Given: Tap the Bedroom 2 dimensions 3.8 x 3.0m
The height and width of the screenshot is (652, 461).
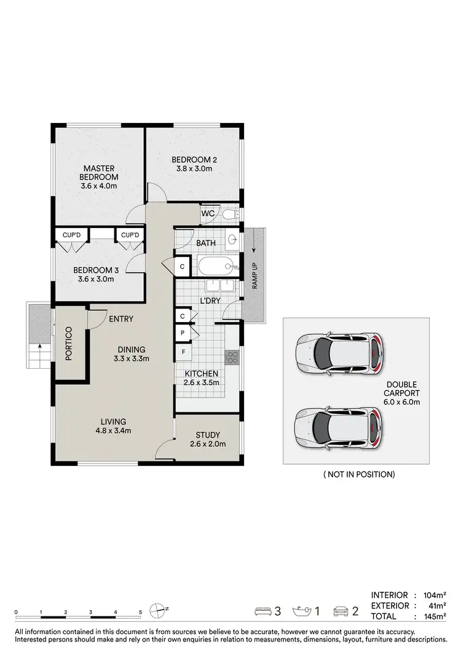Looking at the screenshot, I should pos(194,169).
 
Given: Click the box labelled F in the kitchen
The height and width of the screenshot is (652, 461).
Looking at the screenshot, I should pos(183,352).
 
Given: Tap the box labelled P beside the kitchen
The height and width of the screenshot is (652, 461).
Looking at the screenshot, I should pos(183,332).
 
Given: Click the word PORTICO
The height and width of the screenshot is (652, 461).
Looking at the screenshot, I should pos(69,344).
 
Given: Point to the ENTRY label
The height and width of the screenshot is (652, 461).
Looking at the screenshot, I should pos(122,319).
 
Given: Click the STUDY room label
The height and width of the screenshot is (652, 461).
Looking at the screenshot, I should pos(206,435).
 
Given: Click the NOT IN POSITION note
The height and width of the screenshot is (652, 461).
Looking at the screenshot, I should pos(358,474).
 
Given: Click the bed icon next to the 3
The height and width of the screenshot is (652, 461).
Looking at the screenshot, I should pos(264,611).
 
